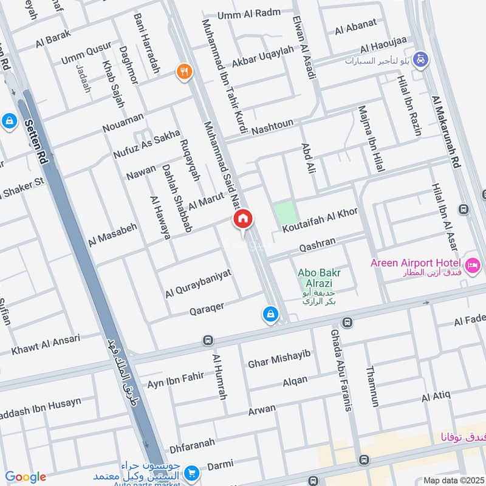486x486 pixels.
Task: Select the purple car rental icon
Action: point(420,60)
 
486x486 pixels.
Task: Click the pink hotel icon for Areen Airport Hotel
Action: point(472,265)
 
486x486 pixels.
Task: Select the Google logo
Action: point(26,477)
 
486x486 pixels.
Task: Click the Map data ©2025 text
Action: point(453,480)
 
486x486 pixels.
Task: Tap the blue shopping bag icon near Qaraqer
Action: point(270,314)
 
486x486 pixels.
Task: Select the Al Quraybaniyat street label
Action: point(198,283)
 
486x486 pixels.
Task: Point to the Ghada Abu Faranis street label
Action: point(341,371)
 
